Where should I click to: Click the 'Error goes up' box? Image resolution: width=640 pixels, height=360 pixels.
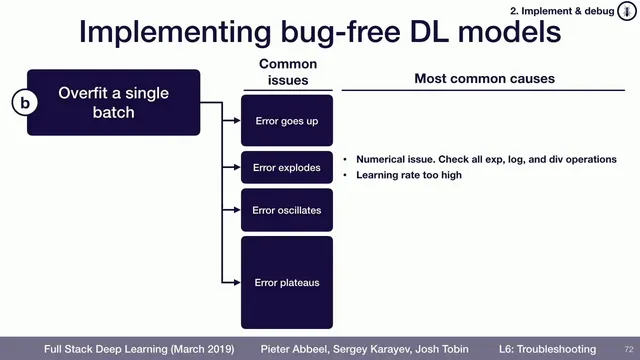pyautogui.click(x=286, y=121)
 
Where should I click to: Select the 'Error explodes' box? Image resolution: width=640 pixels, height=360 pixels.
pyautogui.click(x=286, y=168)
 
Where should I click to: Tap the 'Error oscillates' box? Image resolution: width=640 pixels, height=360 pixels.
pyautogui.click(x=286, y=211)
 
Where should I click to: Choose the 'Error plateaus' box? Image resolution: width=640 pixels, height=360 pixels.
pyautogui.click(x=286, y=283)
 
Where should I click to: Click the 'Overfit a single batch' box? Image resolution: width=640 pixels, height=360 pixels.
pyautogui.click(x=113, y=103)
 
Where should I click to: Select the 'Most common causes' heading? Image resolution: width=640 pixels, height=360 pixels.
pyautogui.click(x=484, y=78)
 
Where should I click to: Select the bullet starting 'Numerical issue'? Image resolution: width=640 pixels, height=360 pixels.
pyautogui.click(x=486, y=160)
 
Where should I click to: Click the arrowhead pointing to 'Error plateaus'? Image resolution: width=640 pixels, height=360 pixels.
pyautogui.click(x=237, y=283)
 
